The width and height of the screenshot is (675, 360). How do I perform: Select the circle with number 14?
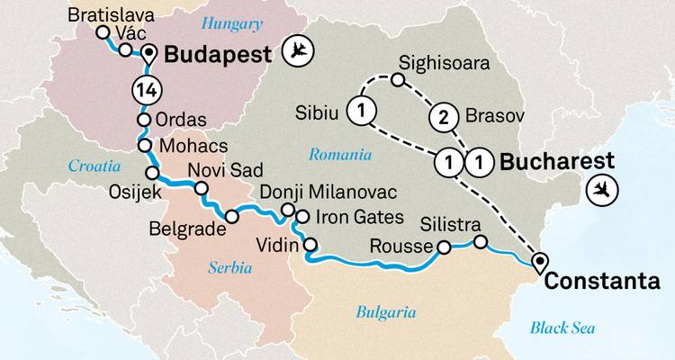click(146, 89)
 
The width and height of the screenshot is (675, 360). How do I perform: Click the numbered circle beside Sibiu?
click(362, 112)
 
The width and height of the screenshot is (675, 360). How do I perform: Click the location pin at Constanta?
click(540, 262)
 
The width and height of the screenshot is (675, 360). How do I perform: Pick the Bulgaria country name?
click(385, 312)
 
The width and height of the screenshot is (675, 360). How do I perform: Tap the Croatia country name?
click(93, 166)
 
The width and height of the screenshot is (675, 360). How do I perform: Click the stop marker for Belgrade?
click(232, 217)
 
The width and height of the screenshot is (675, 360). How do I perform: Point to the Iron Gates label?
click(353, 216)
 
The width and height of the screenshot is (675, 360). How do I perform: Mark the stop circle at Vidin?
click(311, 244)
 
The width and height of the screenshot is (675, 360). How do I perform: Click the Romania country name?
click(341, 155)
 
